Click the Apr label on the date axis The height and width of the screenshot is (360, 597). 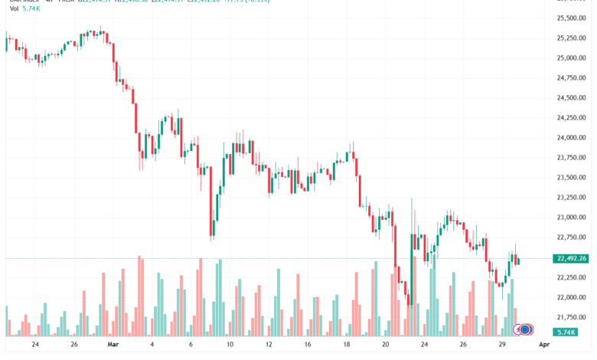point(544,345)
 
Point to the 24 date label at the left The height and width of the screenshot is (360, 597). point(36,345)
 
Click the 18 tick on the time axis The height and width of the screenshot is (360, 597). point(348,345)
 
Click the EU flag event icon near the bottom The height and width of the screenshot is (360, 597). point(526,329)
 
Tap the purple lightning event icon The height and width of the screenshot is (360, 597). point(519,329)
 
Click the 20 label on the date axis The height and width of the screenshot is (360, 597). point(387,345)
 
